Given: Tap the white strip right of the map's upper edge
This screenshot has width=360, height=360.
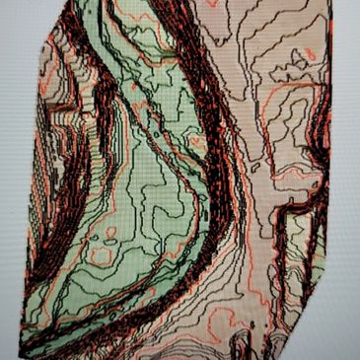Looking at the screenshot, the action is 345,39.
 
